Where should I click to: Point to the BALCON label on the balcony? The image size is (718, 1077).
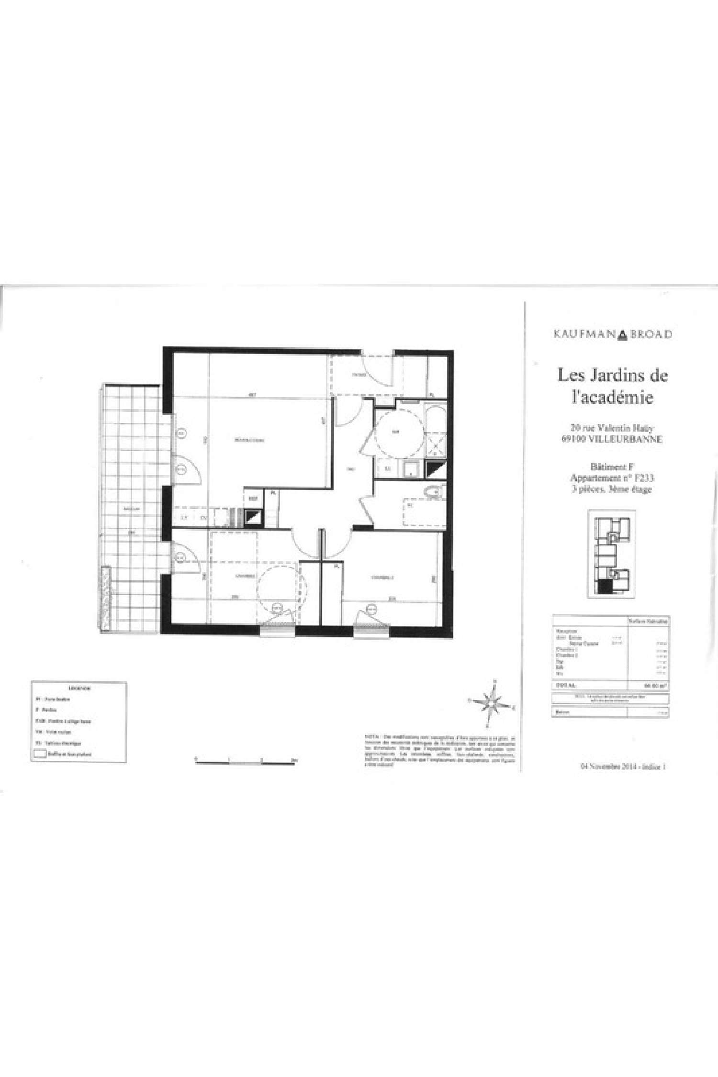click(x=131, y=509)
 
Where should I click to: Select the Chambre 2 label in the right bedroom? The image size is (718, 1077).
click(x=382, y=577)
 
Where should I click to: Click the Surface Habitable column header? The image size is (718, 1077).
click(x=648, y=621)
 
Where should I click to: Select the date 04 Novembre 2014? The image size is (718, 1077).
click(x=608, y=766)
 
